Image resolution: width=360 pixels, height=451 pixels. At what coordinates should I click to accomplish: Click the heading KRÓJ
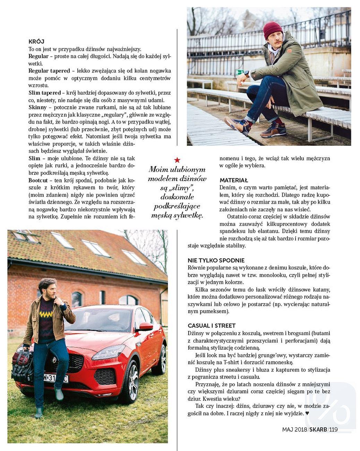[x=36, y=42]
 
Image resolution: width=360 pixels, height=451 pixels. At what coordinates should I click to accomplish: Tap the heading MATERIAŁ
[x=234, y=180]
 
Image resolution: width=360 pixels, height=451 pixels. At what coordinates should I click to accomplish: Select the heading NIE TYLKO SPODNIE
[x=216, y=260]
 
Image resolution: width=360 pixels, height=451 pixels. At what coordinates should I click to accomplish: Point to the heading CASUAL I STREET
[x=212, y=325]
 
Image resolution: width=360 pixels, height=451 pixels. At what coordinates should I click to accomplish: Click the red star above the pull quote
[x=177, y=160]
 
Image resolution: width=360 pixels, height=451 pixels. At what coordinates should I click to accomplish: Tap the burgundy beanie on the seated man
[x=273, y=30]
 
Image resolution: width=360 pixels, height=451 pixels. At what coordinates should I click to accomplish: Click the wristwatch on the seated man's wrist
[x=247, y=74]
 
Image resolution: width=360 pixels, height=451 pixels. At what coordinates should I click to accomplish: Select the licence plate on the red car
[x=55, y=378]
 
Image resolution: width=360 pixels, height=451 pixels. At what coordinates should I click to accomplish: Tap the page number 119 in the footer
[x=334, y=429]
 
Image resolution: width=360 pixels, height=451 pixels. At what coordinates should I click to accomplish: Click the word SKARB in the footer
[x=318, y=429]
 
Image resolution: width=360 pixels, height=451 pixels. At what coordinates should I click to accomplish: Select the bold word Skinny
[x=37, y=107]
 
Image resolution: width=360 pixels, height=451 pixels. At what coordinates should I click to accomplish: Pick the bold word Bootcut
[x=38, y=180]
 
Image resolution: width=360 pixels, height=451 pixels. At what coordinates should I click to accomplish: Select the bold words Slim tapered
[x=44, y=93]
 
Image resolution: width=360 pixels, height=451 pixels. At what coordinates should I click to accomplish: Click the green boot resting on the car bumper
[x=59, y=394]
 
